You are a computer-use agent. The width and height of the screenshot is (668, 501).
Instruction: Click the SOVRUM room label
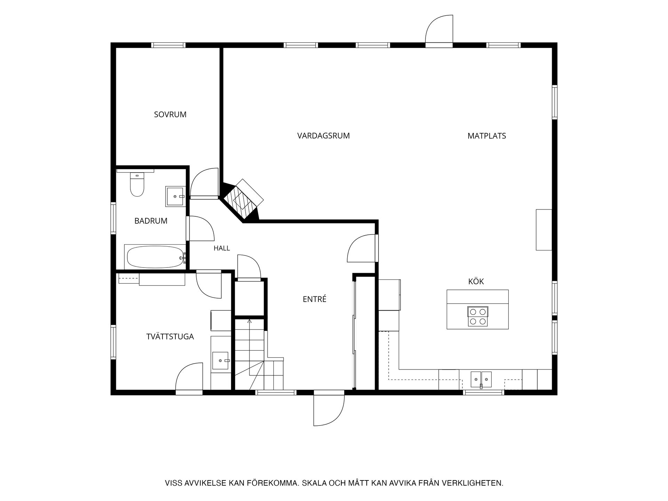coord(170,114)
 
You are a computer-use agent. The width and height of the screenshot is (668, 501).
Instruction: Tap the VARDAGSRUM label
coord(323,136)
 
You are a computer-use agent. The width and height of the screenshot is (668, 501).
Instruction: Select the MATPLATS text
coord(486,136)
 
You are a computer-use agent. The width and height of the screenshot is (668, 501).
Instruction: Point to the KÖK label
coord(476,281)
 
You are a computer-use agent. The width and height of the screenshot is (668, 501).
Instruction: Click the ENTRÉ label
coord(315,299)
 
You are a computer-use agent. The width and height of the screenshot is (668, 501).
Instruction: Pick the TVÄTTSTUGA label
coord(170,336)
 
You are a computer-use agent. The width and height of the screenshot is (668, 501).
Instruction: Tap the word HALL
coord(222,248)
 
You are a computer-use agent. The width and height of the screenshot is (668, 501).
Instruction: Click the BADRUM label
coord(151,221)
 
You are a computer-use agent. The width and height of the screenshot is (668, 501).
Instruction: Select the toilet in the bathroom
coord(137,184)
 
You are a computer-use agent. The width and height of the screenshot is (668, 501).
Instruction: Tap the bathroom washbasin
coord(175,196)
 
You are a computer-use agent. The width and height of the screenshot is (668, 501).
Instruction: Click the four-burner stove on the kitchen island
coord(478,316)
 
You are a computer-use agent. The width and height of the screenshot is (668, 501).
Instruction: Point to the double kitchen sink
coord(481,379)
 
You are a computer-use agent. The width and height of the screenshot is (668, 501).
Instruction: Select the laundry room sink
coord(221,361)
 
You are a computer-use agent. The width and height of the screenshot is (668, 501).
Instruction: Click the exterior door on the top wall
coord(439,31)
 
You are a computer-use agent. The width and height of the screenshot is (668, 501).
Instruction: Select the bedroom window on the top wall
coord(168,45)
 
